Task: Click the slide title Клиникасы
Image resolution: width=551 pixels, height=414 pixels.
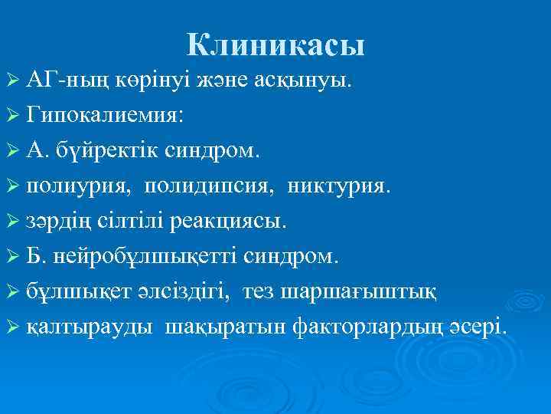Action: tap(275, 46)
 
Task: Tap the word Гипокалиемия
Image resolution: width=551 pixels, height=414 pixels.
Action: tap(104, 115)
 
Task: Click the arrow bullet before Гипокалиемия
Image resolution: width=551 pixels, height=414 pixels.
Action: tap(11, 116)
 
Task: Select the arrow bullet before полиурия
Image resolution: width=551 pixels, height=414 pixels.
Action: tap(11, 187)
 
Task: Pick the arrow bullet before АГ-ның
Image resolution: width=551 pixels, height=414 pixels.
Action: tap(11, 80)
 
